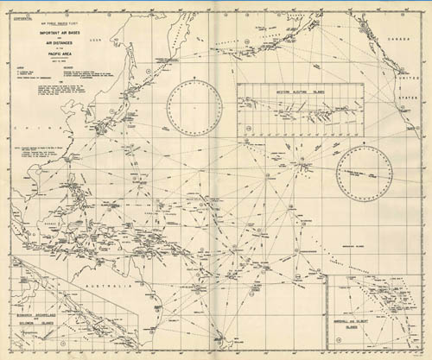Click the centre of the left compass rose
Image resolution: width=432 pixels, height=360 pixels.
pyautogui.click(x=195, y=107)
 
